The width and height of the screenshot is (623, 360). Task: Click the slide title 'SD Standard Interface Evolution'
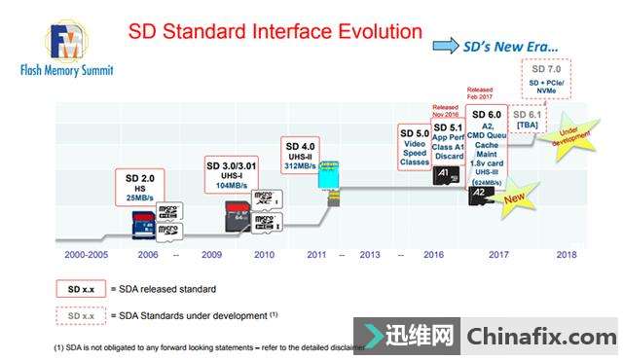point(275,32)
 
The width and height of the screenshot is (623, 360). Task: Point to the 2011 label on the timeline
point(316,254)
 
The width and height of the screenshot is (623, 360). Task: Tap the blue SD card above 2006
point(145,226)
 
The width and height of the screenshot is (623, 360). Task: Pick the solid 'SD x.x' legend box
point(80,289)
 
